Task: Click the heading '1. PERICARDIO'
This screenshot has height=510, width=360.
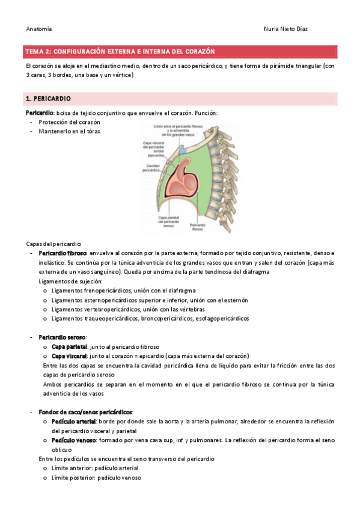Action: (48, 98)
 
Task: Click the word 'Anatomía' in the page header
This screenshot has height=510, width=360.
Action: (38, 29)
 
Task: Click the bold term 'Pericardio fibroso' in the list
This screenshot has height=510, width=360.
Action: (63, 254)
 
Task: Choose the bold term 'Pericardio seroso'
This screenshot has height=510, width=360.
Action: (63, 337)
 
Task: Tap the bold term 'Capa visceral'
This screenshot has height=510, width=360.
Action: (69, 356)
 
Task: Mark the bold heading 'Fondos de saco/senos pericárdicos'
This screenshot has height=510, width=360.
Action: (85, 411)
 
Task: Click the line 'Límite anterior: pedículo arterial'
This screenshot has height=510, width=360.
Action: (95, 467)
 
